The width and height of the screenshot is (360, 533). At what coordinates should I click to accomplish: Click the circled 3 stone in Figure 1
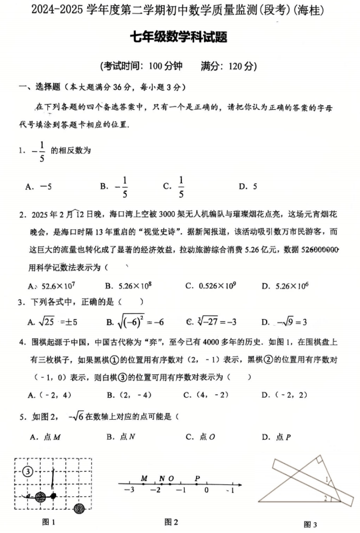pyautogui.click(x=27, y=472)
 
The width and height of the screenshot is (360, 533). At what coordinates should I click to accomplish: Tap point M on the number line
pyautogui.click(x=144, y=478)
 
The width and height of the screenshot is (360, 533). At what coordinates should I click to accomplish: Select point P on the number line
pyautogui.click(x=197, y=478)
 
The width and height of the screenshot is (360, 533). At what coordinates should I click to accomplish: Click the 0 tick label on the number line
pyautogui.click(x=207, y=490)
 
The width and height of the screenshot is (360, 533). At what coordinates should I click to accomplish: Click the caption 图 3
pyautogui.click(x=310, y=524)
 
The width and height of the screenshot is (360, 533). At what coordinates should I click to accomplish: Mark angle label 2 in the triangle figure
pyautogui.click(x=325, y=497)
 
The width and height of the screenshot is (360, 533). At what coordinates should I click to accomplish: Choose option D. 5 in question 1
pyautogui.click(x=248, y=187)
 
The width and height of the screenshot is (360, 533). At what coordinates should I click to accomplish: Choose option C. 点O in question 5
pyautogui.click(x=198, y=437)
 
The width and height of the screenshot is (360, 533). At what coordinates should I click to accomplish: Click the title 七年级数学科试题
pyautogui.click(x=180, y=38)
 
